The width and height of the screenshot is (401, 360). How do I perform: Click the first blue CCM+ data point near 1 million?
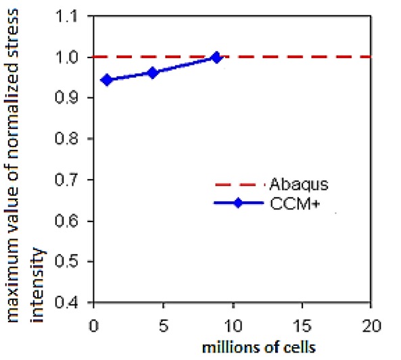pos(106,80)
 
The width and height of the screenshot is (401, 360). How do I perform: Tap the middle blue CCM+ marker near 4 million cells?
pos(152,72)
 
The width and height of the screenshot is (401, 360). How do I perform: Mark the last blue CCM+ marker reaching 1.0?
pos(216,57)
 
